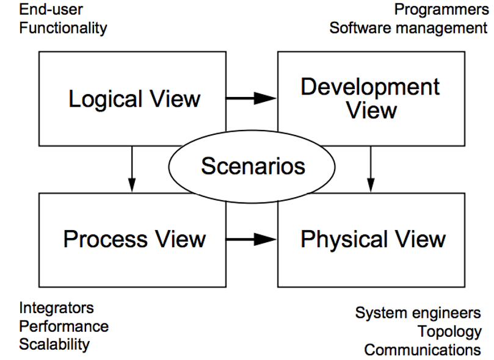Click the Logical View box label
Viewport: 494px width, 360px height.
[134, 99]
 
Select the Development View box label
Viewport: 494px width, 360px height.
[370, 99]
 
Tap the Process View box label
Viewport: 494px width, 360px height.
[134, 239]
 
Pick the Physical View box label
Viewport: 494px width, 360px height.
[372, 239]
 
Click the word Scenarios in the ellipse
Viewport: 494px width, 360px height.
[253, 166]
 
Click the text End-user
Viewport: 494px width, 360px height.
[51, 10]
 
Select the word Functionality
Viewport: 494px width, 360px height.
[63, 28]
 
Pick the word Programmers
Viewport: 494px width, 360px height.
[440, 10]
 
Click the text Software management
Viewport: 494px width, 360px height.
[408, 28]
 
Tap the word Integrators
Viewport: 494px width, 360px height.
[56, 308]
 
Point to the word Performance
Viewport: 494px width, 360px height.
[64, 326]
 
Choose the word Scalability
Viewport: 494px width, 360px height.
[54, 344]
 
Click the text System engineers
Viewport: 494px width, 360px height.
[418, 313]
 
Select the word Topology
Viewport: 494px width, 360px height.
[449, 331]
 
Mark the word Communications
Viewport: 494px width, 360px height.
[422, 350]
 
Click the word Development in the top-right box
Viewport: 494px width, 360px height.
[370, 87]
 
